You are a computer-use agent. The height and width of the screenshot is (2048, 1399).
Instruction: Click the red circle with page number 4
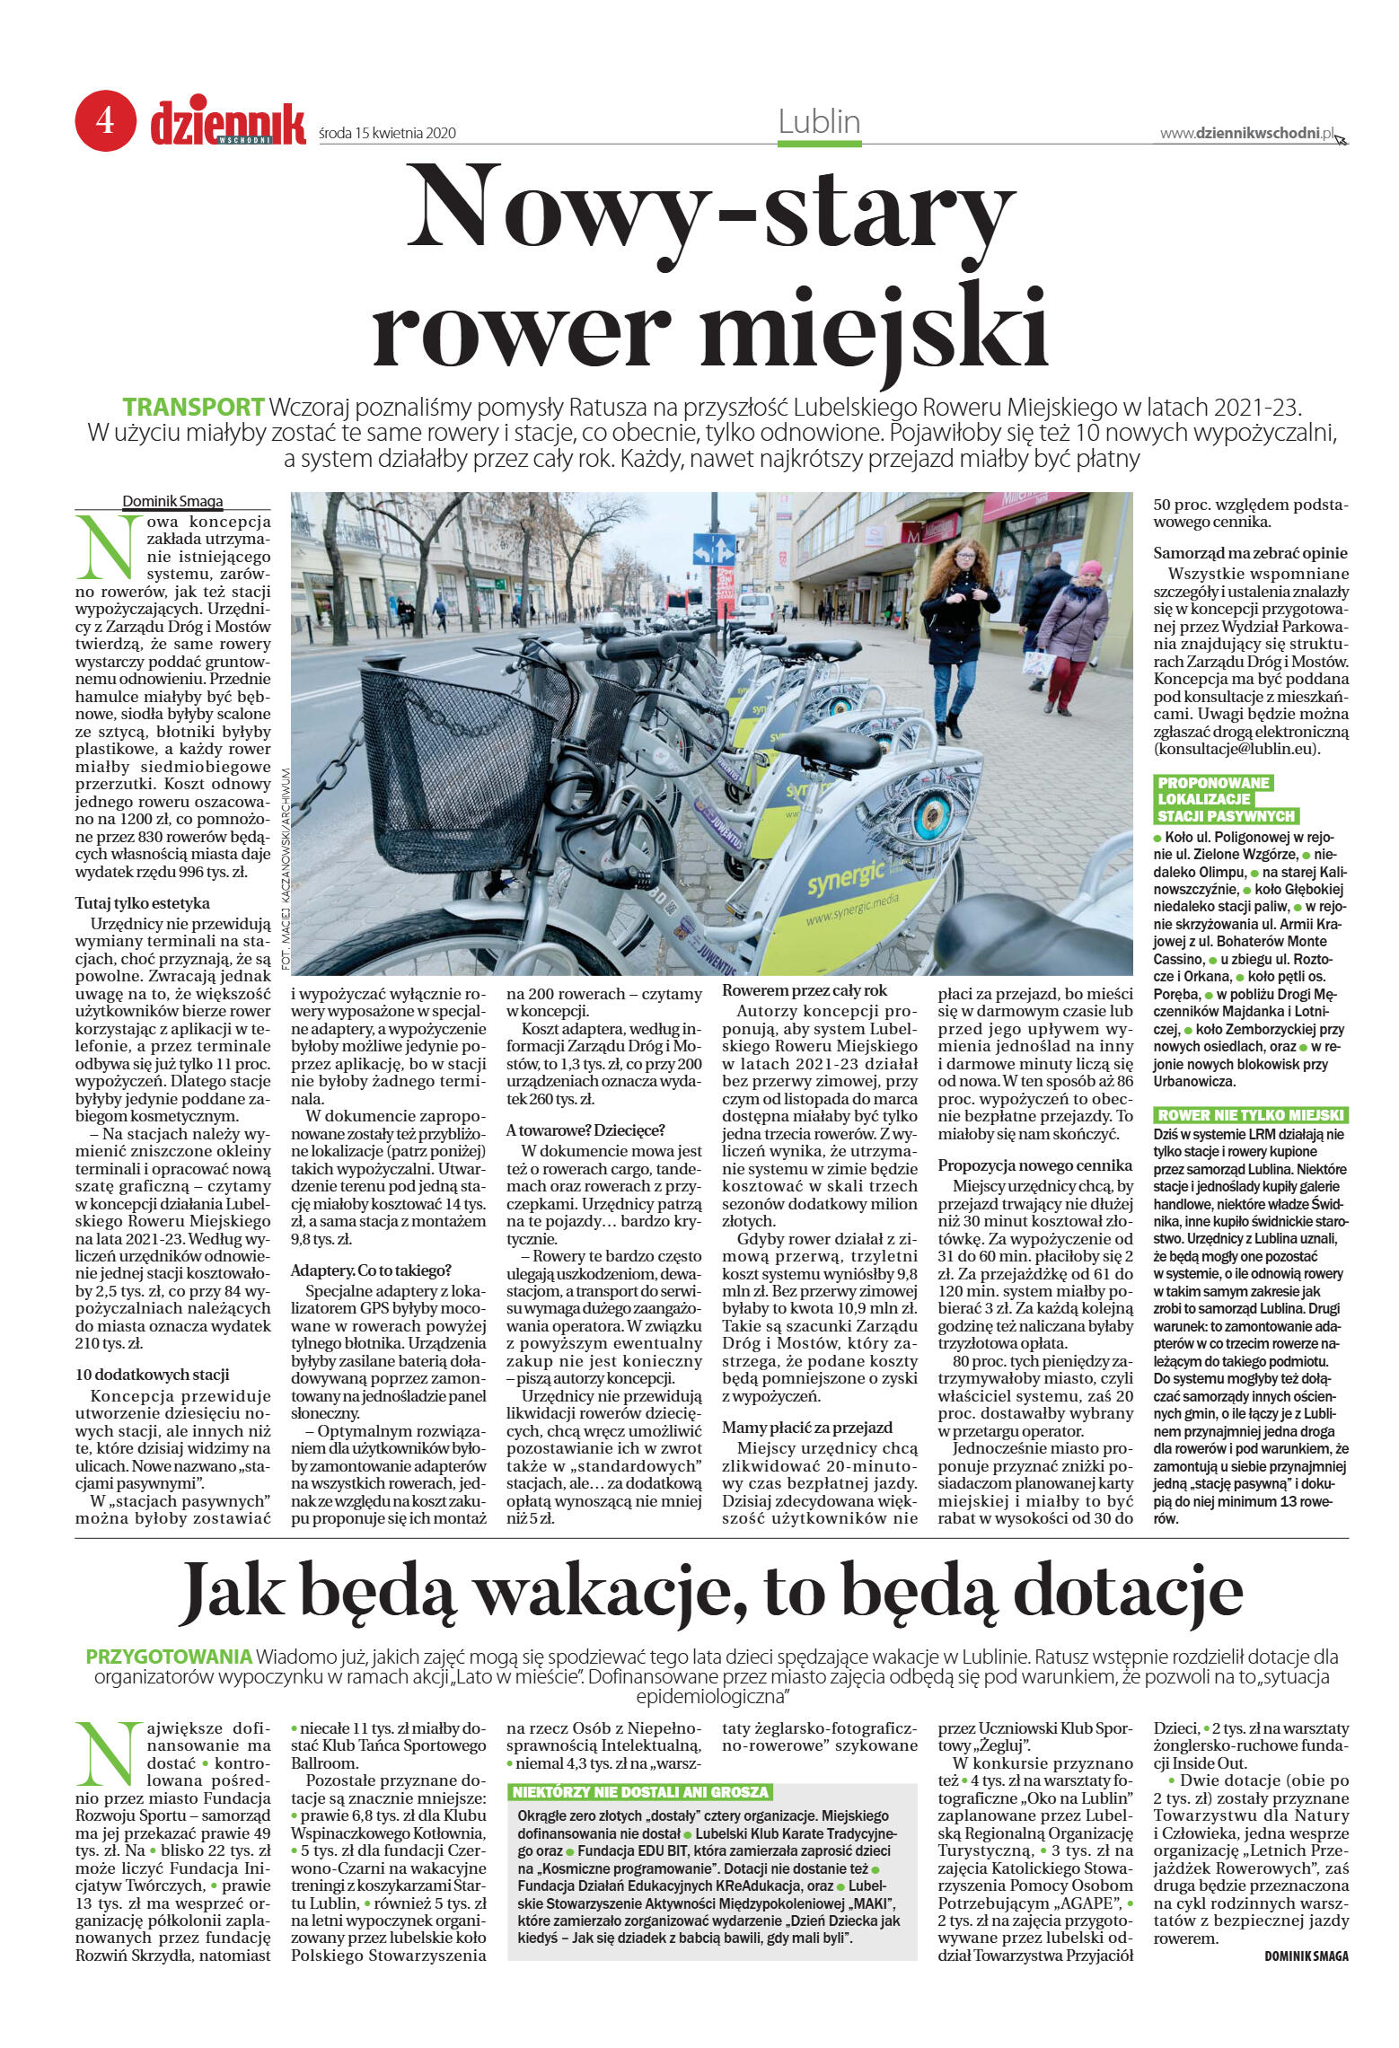click(x=105, y=119)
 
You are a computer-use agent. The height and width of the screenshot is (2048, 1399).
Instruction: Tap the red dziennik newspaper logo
click(x=228, y=124)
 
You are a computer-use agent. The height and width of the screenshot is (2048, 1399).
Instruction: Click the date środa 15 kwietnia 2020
click(x=387, y=134)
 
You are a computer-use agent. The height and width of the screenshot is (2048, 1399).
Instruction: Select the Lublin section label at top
click(x=819, y=122)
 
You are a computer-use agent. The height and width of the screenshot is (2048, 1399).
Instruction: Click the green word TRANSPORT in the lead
click(x=193, y=407)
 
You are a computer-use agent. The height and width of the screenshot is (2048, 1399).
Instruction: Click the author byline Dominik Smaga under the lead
click(x=172, y=502)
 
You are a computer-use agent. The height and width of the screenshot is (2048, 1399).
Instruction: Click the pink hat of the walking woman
click(x=1090, y=568)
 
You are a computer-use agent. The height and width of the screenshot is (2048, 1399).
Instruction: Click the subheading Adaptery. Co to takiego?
click(x=371, y=1270)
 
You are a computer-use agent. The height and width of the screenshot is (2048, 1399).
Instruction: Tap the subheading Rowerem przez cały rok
click(x=805, y=990)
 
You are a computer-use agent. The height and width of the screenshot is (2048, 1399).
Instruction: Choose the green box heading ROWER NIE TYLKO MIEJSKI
click(x=1250, y=1115)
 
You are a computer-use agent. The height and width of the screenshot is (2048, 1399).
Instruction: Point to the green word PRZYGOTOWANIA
click(x=169, y=1657)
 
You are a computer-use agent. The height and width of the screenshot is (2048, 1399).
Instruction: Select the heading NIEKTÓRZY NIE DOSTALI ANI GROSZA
click(x=640, y=1792)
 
